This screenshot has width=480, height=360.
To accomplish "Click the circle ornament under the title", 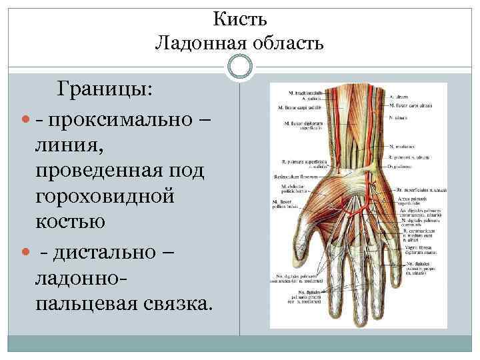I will tap(239, 66).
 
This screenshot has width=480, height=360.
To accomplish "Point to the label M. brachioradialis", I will tap(305, 92).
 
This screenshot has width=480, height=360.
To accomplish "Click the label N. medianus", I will tap(405, 147).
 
